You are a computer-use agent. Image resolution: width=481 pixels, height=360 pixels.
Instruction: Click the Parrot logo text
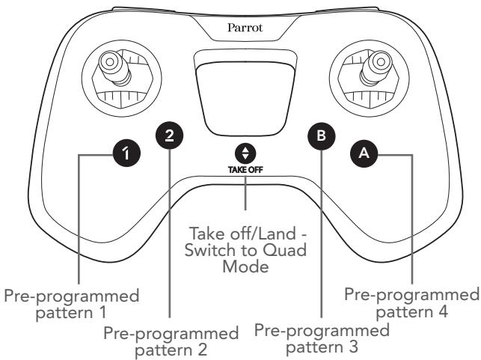point(245,28)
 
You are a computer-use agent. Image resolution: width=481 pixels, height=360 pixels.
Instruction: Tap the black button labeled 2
point(169,135)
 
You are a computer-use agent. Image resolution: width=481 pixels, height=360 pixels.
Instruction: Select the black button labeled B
point(321,136)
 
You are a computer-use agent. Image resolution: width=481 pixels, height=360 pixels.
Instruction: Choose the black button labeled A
point(364,153)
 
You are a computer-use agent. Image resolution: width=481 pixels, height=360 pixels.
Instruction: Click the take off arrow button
point(245,154)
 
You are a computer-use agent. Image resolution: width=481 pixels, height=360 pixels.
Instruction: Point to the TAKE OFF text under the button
point(245,170)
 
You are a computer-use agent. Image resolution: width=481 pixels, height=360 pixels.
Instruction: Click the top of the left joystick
point(109,61)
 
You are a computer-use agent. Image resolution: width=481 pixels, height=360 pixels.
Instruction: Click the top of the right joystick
point(381,61)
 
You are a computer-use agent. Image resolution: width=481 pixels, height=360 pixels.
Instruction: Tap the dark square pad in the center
point(245,97)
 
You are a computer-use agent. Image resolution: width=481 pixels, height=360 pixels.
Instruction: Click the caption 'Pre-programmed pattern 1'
point(72,304)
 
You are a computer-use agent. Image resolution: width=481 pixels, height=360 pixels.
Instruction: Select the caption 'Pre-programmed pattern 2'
point(171,341)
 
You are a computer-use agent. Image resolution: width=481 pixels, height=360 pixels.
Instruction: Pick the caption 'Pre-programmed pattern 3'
point(322,338)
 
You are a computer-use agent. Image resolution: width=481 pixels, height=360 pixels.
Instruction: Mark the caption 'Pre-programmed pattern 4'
point(411,303)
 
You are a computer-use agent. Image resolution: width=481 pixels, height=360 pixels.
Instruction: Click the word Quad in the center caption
point(285,250)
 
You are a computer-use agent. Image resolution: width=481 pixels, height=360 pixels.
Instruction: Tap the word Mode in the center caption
point(245,266)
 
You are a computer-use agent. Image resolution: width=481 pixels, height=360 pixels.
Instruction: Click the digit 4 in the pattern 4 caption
point(443,311)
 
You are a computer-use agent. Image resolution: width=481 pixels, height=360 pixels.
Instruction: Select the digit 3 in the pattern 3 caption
point(353,347)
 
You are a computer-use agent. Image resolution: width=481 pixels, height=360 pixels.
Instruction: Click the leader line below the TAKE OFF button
point(245,192)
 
